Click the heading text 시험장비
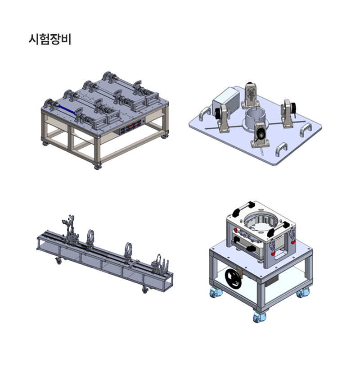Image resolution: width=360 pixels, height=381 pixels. pyautogui.click(x=50, y=39)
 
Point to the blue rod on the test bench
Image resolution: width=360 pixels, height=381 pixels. pyautogui.click(x=66, y=109)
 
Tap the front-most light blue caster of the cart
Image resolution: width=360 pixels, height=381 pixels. pyautogui.click(x=259, y=317)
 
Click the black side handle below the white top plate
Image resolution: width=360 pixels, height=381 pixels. pyautogui.click(x=245, y=247)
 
